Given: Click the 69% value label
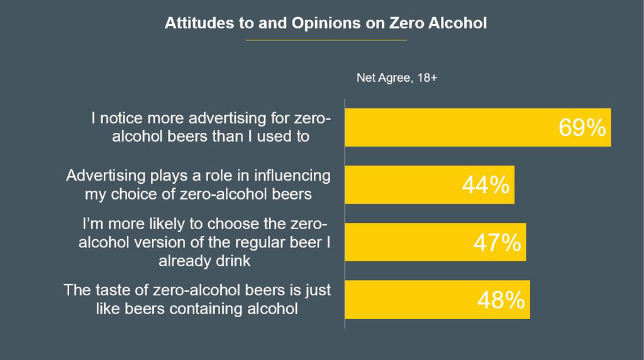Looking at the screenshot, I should [582, 128].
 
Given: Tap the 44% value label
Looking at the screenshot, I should [485, 185].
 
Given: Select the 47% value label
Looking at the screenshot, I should [497, 242].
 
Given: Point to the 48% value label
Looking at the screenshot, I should [501, 300].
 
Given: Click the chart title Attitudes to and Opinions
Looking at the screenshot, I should [325, 23].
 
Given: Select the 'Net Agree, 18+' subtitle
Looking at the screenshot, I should [397, 79].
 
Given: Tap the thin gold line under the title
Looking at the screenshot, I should [326, 40].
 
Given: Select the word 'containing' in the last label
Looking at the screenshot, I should [227, 309].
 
